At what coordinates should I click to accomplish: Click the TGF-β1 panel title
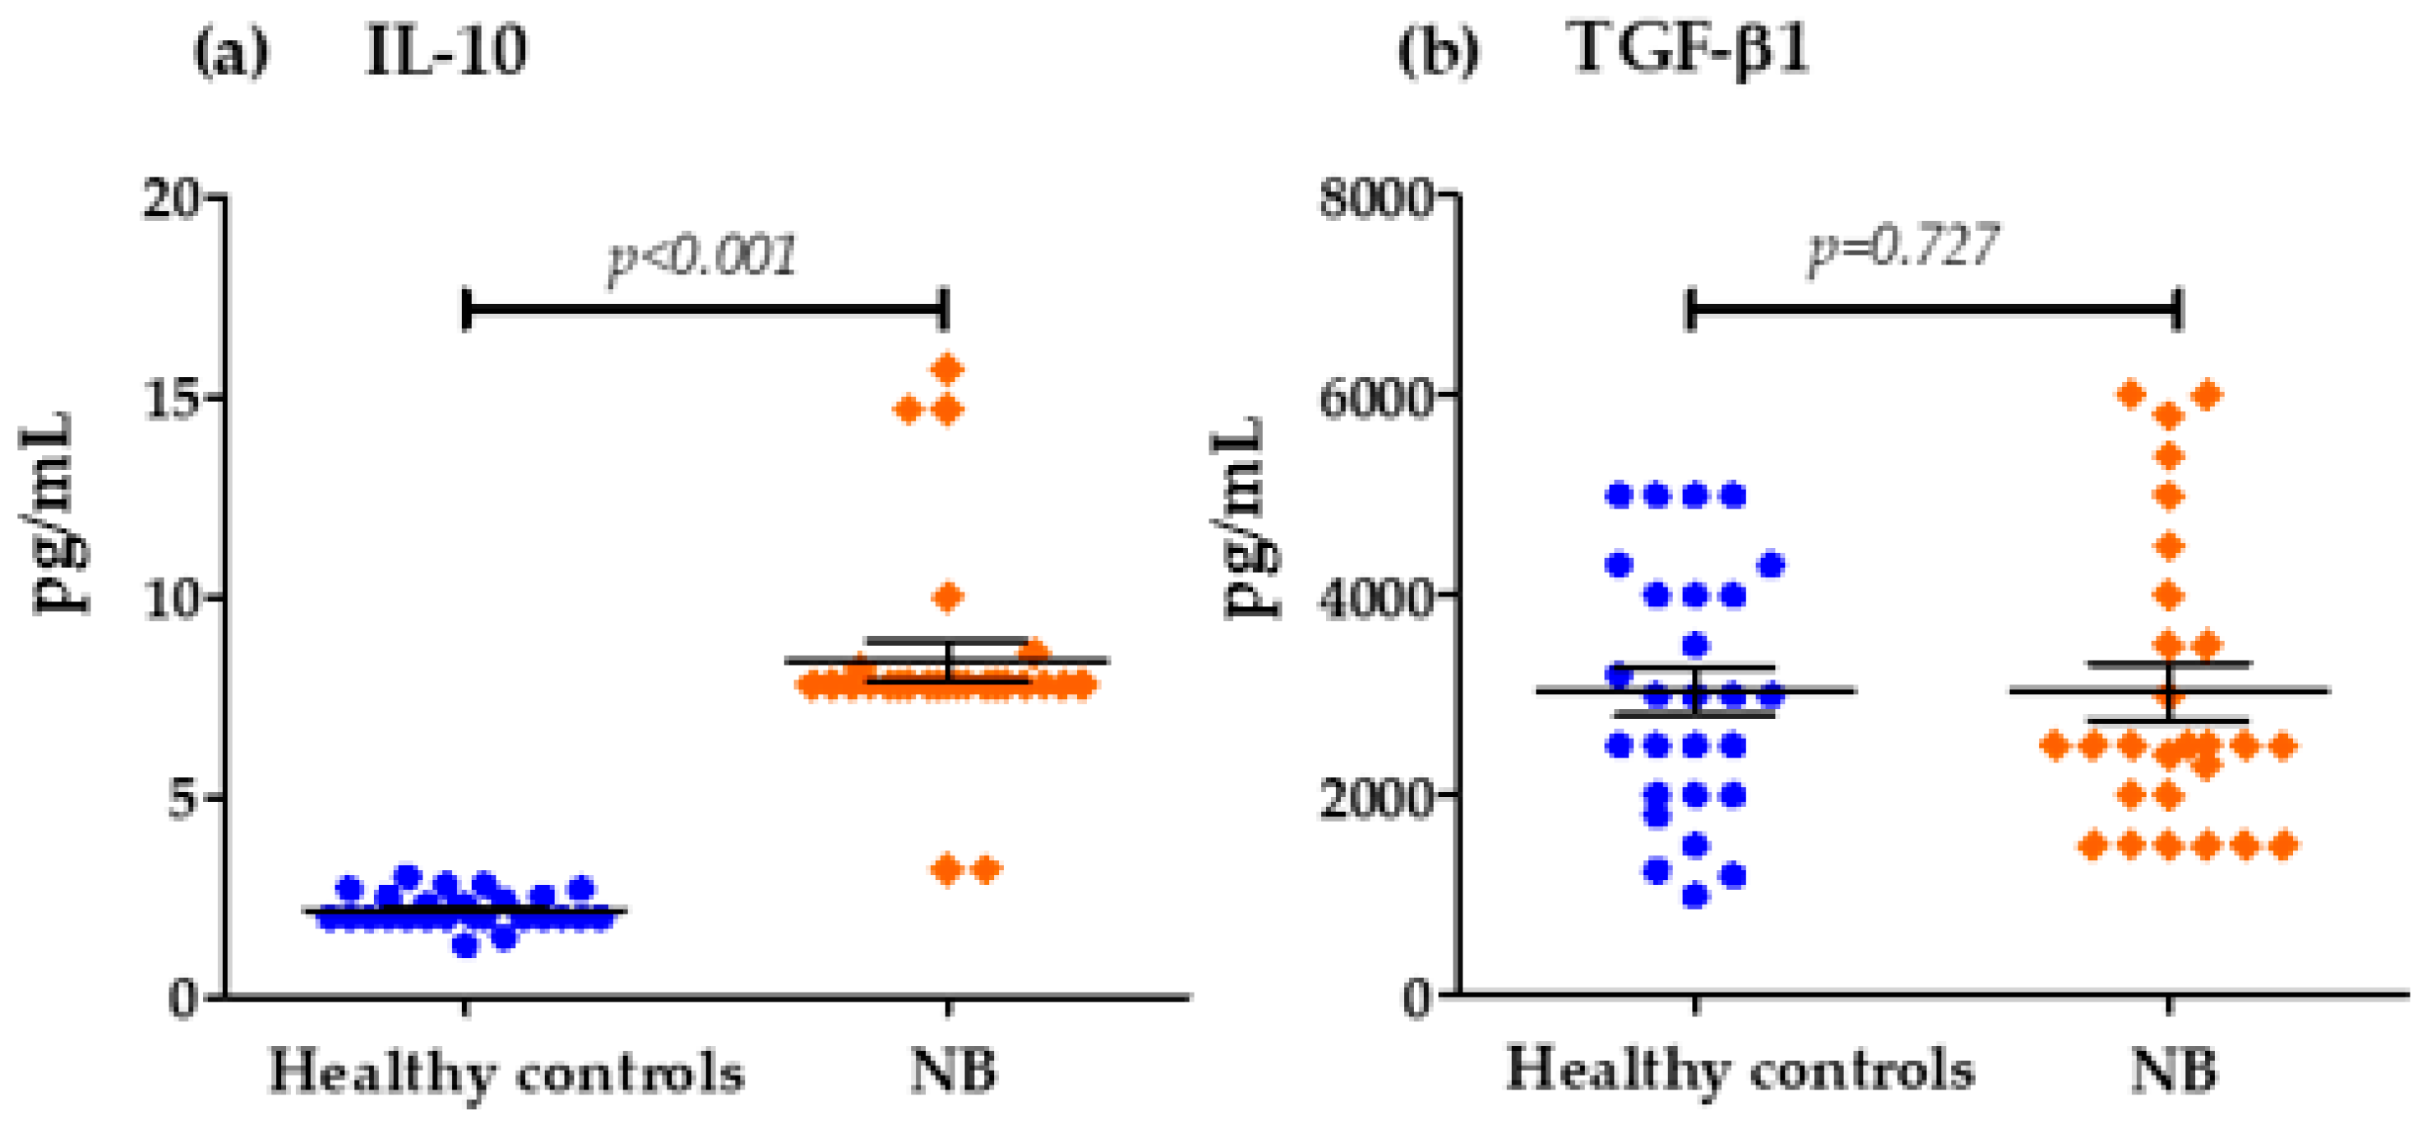[1689, 48]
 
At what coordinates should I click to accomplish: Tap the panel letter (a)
[230, 53]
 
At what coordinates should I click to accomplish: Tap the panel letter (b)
[1438, 53]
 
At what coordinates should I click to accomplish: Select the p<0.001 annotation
[702, 256]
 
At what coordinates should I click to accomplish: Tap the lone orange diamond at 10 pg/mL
[948, 596]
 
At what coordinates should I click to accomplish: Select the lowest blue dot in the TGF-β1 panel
[1695, 896]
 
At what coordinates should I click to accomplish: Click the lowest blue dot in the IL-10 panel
[465, 946]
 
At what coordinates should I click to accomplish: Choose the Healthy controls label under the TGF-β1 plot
[1740, 1071]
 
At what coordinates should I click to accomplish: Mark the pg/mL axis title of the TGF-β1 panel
[1248, 516]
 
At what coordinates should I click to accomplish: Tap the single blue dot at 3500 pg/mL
[1695, 646]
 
